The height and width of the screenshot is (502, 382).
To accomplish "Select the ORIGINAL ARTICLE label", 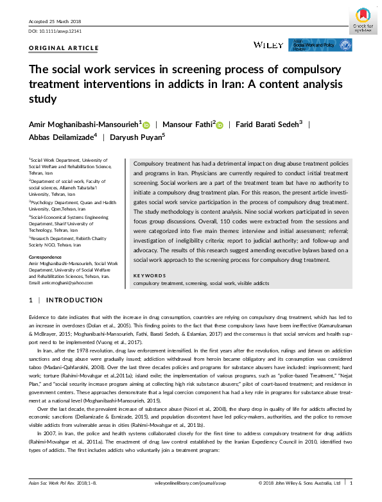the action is click(64, 48).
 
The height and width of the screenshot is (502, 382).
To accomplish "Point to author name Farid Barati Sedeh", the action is click(269, 123).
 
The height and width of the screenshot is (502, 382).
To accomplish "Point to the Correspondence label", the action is click(47, 257).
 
